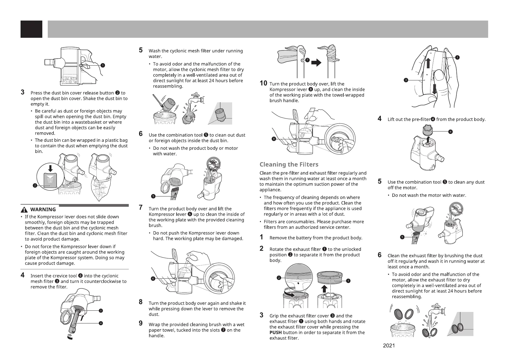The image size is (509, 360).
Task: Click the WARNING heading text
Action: [x=43, y=209]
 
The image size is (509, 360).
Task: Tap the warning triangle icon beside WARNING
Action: [x=24, y=209]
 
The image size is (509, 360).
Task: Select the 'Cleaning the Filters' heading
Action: [x=289, y=165]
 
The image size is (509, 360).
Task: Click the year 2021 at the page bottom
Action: [x=389, y=346]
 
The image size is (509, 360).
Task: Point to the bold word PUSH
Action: [x=275, y=332]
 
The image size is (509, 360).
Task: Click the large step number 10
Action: [x=264, y=83]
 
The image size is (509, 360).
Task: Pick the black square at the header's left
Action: [x=31, y=29]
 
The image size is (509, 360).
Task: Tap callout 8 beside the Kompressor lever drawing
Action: [x=274, y=139]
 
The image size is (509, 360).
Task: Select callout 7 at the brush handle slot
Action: [x=307, y=60]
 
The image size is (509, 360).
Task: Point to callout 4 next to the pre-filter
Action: [x=451, y=131]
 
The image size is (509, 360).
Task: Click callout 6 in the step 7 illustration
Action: [x=153, y=278]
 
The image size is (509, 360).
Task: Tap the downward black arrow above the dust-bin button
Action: [x=51, y=168]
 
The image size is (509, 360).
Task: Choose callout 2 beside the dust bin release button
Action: [x=35, y=186]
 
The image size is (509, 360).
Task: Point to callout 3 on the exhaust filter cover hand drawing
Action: [x=406, y=80]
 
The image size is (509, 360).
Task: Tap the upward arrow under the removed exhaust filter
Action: [x=324, y=289]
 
